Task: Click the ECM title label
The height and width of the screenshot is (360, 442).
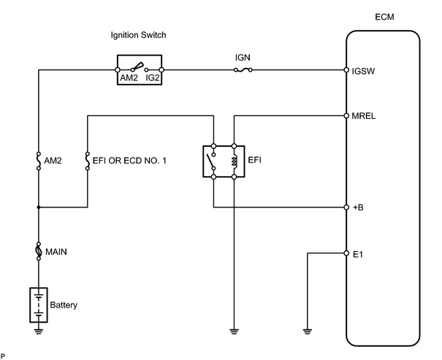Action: (384, 17)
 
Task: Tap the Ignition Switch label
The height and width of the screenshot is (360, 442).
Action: (138, 35)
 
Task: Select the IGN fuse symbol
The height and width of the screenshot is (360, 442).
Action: (243, 70)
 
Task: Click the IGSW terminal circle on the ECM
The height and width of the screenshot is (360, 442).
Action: (346, 70)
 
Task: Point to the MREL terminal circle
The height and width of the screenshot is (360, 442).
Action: (346, 115)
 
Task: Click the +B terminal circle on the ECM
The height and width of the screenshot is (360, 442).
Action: (346, 207)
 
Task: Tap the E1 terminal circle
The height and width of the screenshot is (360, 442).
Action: (346, 253)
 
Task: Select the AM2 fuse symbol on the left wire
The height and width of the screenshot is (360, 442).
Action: (39, 161)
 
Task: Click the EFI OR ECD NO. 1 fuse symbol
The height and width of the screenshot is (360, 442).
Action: (88, 161)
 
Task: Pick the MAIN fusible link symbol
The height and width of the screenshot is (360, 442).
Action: (39, 251)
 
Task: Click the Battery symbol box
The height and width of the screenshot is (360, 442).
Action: (39, 305)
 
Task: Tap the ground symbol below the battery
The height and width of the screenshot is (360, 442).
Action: (39, 332)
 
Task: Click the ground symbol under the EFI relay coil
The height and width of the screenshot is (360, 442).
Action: (234, 332)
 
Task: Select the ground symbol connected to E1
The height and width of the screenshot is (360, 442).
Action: (308, 332)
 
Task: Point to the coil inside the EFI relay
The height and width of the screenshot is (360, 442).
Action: (235, 161)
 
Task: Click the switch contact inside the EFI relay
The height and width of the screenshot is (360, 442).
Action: (211, 161)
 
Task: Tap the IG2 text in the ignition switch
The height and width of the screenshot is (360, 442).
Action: (153, 77)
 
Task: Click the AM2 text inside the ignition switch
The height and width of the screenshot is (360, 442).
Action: (129, 77)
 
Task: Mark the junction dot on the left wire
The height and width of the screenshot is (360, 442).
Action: (39, 207)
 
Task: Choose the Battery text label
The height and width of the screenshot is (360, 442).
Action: (64, 305)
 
